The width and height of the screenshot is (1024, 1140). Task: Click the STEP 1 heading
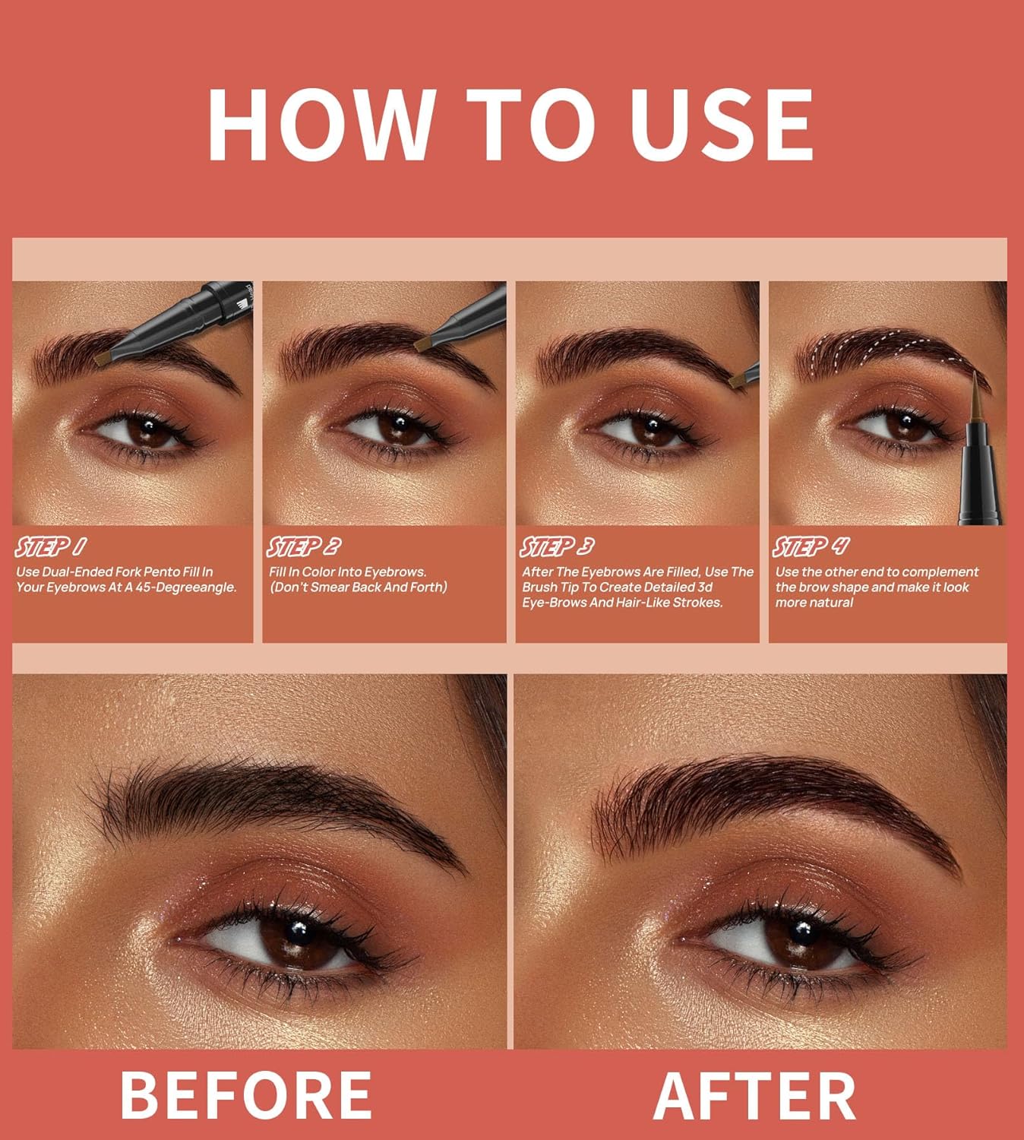[x=50, y=546]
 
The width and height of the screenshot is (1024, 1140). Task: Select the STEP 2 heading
[x=303, y=546]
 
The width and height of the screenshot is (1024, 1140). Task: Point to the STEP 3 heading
[x=557, y=546]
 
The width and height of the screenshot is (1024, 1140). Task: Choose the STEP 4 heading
[x=811, y=546]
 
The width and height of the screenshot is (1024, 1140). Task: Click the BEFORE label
[x=246, y=1094]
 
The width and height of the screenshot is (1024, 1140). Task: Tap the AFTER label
[x=754, y=1094]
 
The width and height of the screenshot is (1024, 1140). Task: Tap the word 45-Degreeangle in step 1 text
[x=181, y=587]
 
